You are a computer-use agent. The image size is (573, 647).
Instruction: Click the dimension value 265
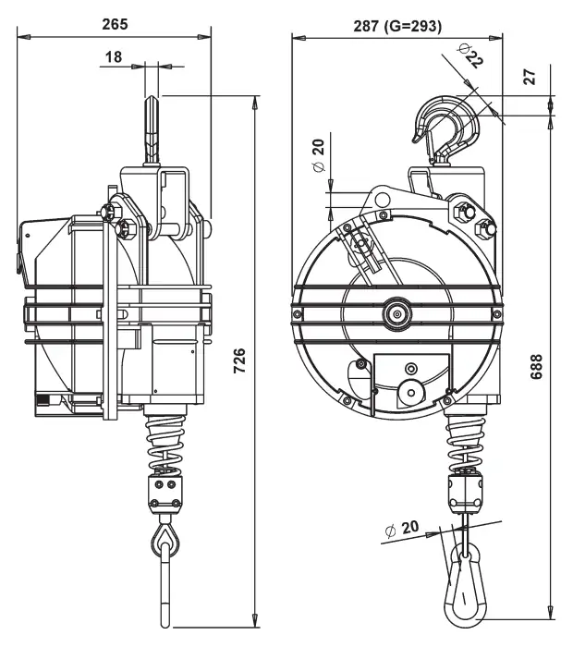116,24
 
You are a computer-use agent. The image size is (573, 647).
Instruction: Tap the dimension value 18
114,57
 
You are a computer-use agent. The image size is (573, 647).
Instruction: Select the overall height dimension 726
239,360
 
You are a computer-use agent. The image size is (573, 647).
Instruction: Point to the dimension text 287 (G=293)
397,27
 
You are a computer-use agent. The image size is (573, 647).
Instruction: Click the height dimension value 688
536,366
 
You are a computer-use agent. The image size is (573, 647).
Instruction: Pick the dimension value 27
530,77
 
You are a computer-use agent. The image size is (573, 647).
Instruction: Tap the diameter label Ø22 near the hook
470,55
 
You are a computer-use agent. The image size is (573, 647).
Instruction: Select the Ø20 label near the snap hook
401,529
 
